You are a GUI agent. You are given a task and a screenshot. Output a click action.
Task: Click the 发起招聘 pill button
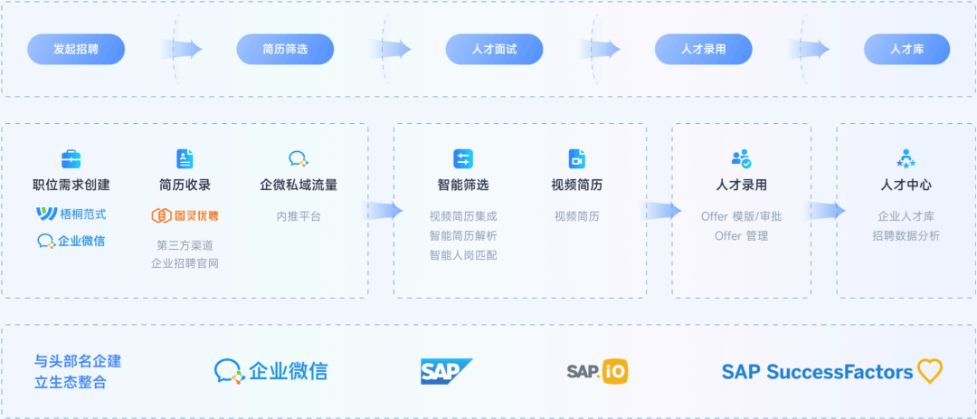coord(76,49)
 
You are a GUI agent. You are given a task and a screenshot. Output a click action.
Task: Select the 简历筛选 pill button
coord(285,49)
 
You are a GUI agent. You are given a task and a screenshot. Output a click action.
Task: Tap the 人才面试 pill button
coord(495,49)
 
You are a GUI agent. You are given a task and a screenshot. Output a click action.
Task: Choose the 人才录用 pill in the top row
coord(704,49)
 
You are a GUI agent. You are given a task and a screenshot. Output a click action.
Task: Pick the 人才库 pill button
coord(906,49)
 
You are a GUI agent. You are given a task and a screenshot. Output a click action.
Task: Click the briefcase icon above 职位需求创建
coord(71,159)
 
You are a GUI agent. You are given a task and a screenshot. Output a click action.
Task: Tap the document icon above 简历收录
coord(185,159)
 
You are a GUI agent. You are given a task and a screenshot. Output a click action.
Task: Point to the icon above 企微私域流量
coord(299,159)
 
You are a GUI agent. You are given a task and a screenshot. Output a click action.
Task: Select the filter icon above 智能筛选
coord(463,159)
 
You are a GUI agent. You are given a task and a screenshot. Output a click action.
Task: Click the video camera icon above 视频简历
coord(577,159)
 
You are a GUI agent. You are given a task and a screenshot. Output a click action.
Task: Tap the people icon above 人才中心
coord(906,159)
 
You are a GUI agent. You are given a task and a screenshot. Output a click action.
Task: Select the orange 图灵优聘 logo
coord(185,215)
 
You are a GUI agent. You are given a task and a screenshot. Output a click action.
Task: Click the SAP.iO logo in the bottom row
coord(597,371)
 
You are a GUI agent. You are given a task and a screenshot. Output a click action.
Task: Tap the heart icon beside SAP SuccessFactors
coord(930,371)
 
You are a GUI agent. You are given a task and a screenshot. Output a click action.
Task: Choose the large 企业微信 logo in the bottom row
coord(271,371)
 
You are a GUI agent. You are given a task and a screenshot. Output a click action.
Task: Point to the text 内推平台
coord(299,216)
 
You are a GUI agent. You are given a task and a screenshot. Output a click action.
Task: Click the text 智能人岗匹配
coord(463,255)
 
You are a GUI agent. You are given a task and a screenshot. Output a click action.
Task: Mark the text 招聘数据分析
coord(906,236)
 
